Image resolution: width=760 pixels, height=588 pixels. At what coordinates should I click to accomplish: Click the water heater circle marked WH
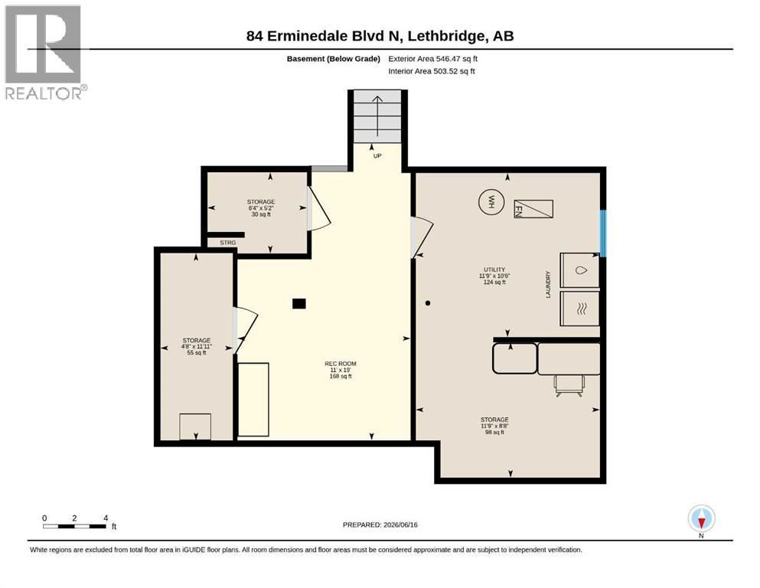(x=491, y=201)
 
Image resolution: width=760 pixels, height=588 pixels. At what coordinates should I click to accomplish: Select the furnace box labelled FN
(x=533, y=209)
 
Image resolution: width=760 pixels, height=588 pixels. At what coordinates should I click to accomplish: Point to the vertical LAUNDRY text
(x=548, y=285)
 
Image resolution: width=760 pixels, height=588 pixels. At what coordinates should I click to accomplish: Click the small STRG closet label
(x=228, y=243)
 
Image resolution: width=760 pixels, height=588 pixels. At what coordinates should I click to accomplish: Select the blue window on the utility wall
(x=603, y=234)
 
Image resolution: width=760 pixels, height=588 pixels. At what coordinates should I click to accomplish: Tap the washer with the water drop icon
(x=579, y=270)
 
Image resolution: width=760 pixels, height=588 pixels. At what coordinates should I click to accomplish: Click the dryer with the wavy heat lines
(x=579, y=309)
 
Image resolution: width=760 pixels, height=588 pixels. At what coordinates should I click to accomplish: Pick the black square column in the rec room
(x=299, y=303)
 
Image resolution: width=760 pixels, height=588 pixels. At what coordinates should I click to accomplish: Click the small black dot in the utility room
(x=428, y=303)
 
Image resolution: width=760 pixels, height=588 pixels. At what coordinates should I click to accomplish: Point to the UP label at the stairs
(x=377, y=155)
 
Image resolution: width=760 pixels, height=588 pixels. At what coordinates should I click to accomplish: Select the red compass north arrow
(x=701, y=521)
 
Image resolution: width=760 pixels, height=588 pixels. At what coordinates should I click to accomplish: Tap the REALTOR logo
(x=44, y=52)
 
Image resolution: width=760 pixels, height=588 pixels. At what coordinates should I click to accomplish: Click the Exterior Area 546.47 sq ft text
(x=433, y=59)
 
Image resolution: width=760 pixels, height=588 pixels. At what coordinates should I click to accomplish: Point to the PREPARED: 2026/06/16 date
(x=380, y=524)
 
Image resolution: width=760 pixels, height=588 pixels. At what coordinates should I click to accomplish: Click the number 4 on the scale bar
(x=106, y=518)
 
